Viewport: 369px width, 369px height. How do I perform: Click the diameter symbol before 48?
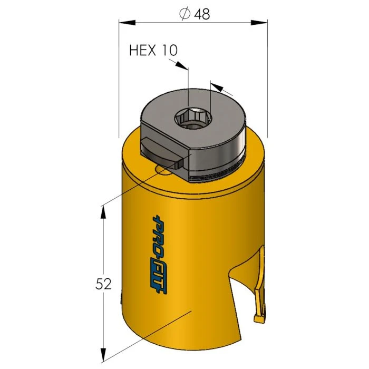tap(185, 14)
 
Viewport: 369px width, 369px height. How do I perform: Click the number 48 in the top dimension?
tap(202, 14)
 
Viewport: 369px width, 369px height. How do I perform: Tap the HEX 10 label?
tap(153, 50)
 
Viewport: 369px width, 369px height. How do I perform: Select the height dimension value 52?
tap(104, 285)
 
